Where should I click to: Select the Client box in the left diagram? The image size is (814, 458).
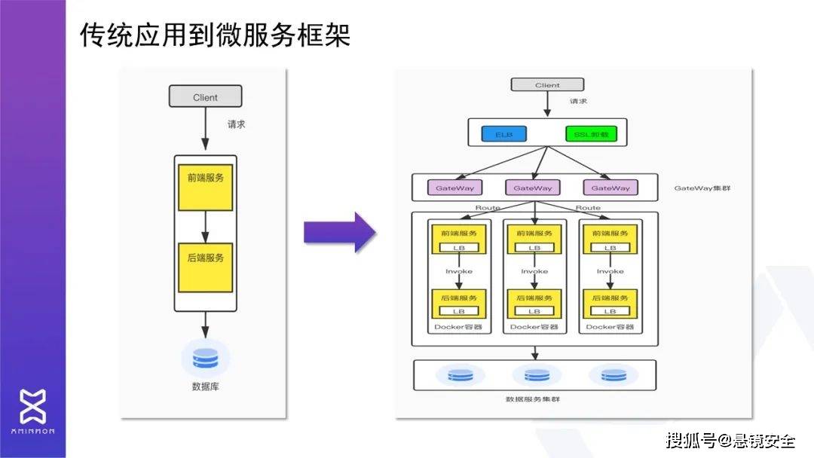pos(205,96)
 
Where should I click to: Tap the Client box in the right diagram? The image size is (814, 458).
pos(547,85)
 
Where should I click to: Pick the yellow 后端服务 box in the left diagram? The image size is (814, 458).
pos(205,267)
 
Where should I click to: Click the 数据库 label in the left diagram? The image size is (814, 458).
pos(205,387)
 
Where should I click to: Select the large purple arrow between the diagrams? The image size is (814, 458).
pos(339,232)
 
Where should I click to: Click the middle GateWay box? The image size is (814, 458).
pos(534,188)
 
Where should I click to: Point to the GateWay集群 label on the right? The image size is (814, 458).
pos(702,188)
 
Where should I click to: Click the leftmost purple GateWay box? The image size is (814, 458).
pos(454,188)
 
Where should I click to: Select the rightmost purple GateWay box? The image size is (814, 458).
pos(610,188)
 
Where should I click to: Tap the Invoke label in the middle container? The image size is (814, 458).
pos(534,271)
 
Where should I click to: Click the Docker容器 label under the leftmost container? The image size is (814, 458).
pos(458,327)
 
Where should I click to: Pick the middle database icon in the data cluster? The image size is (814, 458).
pos(537,374)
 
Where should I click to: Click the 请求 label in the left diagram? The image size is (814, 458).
pos(237,124)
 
